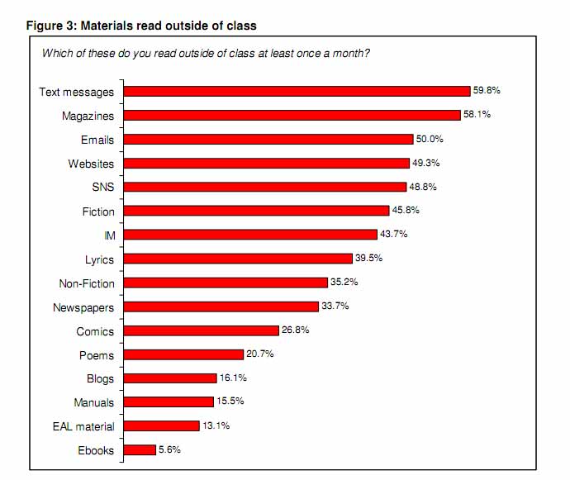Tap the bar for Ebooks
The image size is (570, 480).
click(x=139, y=450)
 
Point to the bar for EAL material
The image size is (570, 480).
click(x=161, y=426)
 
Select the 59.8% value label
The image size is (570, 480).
click(x=487, y=91)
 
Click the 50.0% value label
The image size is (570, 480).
click(x=429, y=139)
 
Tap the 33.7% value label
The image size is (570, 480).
click(x=335, y=307)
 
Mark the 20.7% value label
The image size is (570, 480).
click(x=259, y=354)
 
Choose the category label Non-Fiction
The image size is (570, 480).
click(x=87, y=283)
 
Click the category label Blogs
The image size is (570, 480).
click(x=100, y=379)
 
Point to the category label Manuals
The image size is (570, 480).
click(x=93, y=403)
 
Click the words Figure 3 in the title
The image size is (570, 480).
click(x=53, y=26)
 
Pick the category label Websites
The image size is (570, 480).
click(x=91, y=164)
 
